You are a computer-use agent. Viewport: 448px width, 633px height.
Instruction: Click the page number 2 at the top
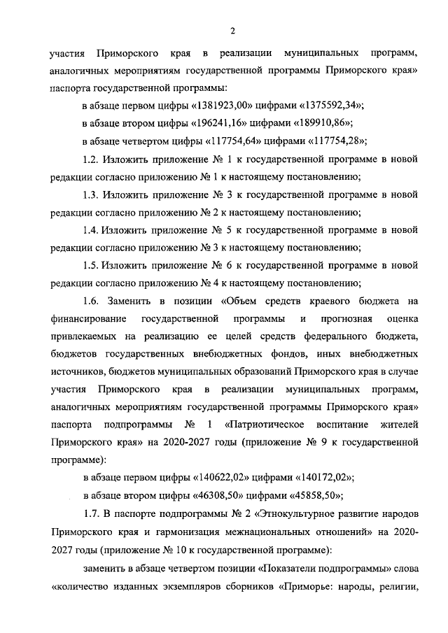coord(234,29)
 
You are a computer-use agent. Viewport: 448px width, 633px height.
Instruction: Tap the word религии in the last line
coord(398,585)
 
